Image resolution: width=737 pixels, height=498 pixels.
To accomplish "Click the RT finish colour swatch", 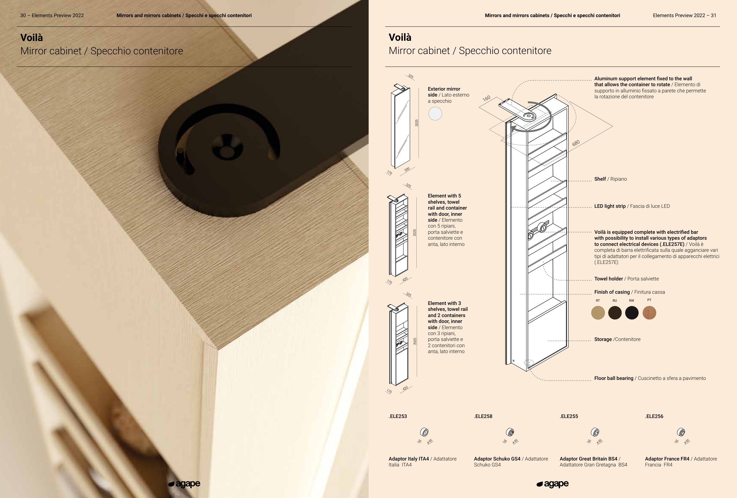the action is (598, 313).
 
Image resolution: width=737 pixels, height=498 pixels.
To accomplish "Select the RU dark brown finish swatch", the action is (615, 313).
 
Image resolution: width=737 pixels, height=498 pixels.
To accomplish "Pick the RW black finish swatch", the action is (632, 313).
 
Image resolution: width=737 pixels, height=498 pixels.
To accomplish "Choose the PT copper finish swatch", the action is (649, 313).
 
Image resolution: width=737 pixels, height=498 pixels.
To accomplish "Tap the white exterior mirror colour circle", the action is (435, 114).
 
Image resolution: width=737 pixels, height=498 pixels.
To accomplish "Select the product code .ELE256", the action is (654, 417).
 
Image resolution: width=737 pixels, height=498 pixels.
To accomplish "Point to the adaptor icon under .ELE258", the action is (510, 432).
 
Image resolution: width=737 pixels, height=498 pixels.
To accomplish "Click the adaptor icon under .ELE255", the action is (595, 432).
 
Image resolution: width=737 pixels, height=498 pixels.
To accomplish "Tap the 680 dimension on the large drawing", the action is (576, 143).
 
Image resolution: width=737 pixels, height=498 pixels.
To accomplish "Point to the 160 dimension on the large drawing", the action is (487, 98).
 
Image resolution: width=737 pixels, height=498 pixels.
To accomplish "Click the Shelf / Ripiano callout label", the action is (610, 179).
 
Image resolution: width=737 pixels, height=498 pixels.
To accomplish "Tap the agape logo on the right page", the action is (552, 484).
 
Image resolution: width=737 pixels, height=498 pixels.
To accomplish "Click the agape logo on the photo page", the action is (184, 484).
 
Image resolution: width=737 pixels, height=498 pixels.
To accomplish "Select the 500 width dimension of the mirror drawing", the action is (407, 169).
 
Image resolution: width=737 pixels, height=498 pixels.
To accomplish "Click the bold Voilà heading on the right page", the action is (400, 37).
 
